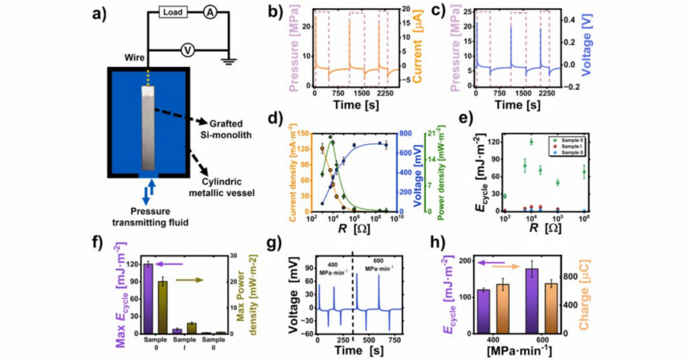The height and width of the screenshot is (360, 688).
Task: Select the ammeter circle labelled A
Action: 210,13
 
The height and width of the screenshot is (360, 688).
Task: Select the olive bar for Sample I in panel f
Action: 191,328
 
